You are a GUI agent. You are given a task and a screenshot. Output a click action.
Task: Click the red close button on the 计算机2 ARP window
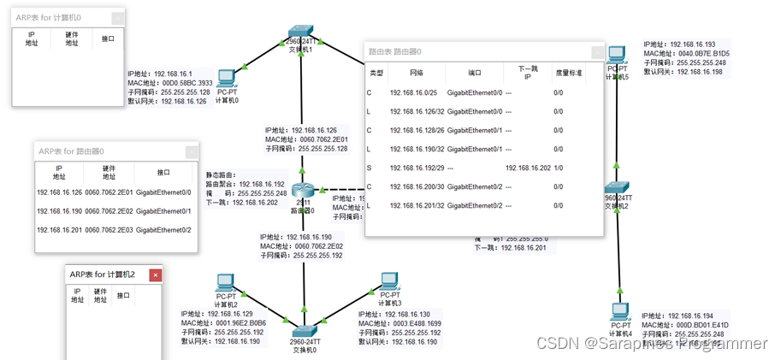coord(156,274)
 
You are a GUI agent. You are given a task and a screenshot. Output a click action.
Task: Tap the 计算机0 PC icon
coord(227,79)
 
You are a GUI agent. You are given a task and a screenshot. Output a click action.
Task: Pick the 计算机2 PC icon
coord(225,283)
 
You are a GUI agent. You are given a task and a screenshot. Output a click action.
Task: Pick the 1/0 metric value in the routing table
coord(558,168)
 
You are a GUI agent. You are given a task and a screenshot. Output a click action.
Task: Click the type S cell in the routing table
coord(370,168)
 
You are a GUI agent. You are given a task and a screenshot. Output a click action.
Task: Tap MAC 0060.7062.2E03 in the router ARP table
coord(107,230)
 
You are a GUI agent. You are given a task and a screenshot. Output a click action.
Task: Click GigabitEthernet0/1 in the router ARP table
coord(163,211)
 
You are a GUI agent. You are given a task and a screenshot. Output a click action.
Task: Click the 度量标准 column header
coord(568,74)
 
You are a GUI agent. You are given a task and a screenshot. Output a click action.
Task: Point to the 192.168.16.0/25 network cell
coord(413,92)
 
